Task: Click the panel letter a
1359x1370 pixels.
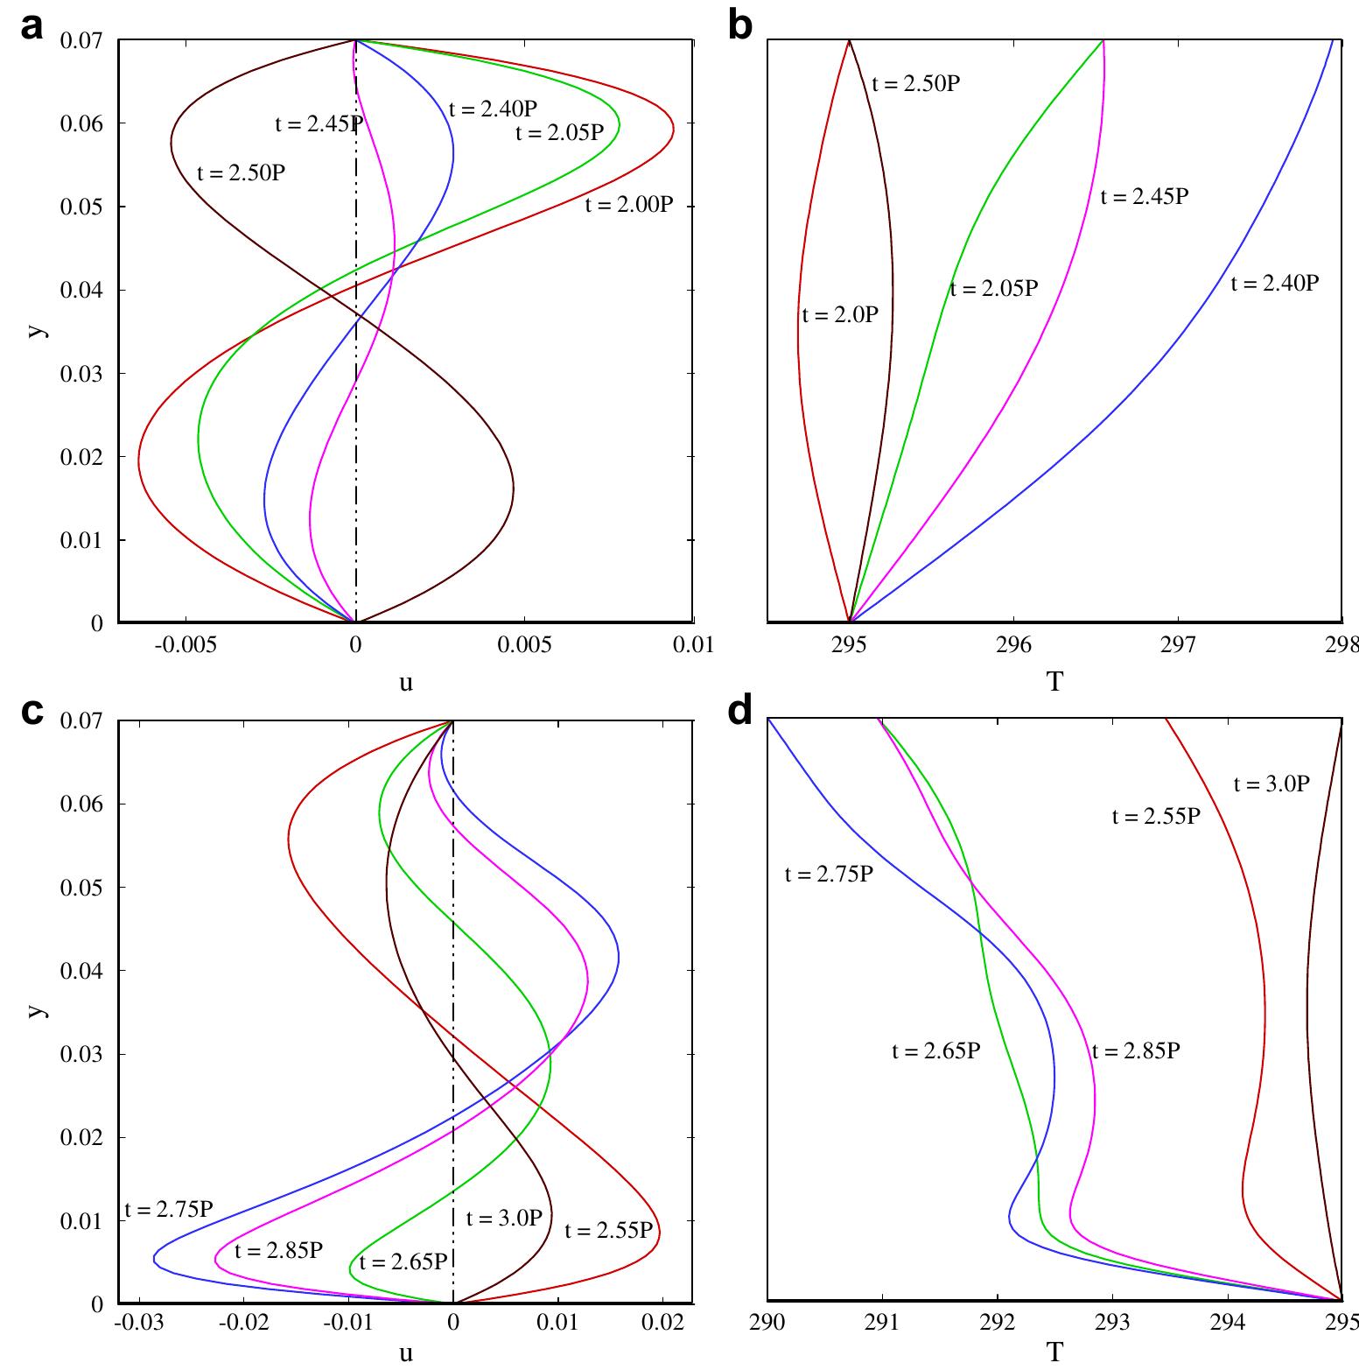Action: [32, 28]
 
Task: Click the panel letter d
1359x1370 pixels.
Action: [740, 710]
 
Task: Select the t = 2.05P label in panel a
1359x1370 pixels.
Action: [559, 132]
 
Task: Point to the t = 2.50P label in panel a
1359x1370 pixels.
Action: [241, 172]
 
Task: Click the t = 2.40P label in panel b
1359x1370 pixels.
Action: [1273, 283]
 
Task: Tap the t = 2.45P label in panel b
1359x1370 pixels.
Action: [1144, 196]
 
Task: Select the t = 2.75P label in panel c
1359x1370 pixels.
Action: [169, 1210]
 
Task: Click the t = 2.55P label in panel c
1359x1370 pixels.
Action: [608, 1230]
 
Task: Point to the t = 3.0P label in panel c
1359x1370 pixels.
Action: [504, 1218]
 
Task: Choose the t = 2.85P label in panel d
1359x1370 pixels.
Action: [1136, 1050]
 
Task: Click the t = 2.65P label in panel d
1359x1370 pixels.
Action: [935, 1050]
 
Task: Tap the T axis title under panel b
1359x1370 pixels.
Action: [1054, 681]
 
